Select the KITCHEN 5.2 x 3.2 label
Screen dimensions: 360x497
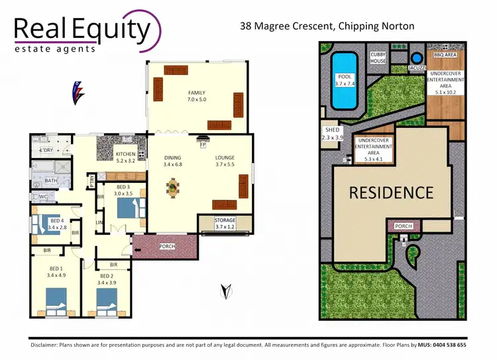coord(126,156)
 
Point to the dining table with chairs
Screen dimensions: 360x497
coord(173,188)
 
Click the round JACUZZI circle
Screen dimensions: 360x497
coord(416,58)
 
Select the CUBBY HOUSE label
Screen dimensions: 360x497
coord(378,58)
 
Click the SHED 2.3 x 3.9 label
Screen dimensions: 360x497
coord(332,134)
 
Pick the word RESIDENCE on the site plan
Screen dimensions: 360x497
coord(391,193)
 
